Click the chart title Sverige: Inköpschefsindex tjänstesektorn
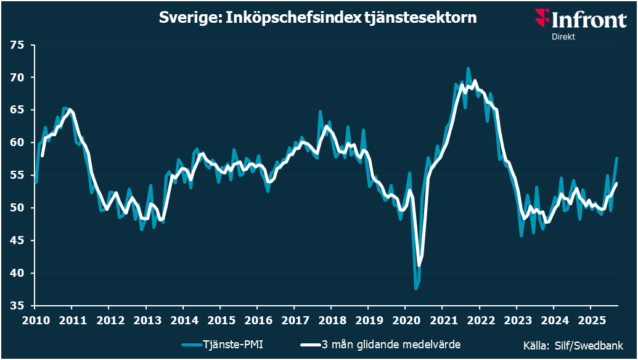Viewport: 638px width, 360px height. click(317, 18)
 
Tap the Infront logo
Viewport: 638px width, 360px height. click(581, 19)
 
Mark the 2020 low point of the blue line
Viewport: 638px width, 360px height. click(416, 288)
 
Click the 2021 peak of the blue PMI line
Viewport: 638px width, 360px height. click(468, 68)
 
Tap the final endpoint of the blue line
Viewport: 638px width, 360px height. click(616, 158)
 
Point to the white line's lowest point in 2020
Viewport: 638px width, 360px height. click(419, 266)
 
